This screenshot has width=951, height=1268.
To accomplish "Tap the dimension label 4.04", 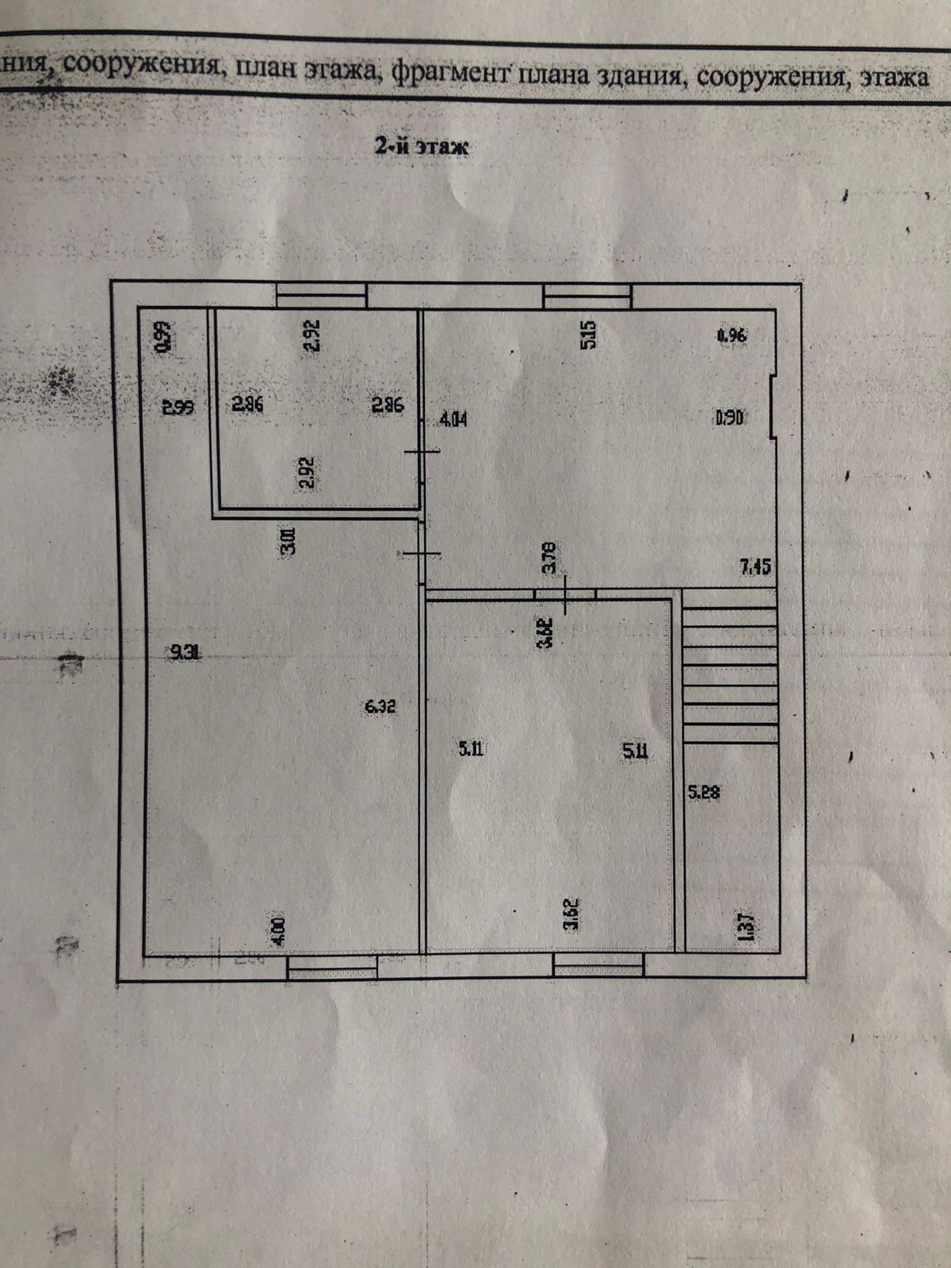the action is coord(453,418).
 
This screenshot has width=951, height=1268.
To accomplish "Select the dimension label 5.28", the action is coord(704,790).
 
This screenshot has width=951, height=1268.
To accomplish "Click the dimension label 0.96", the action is coord(731,335).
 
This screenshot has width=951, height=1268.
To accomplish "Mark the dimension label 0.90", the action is coord(729,417).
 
